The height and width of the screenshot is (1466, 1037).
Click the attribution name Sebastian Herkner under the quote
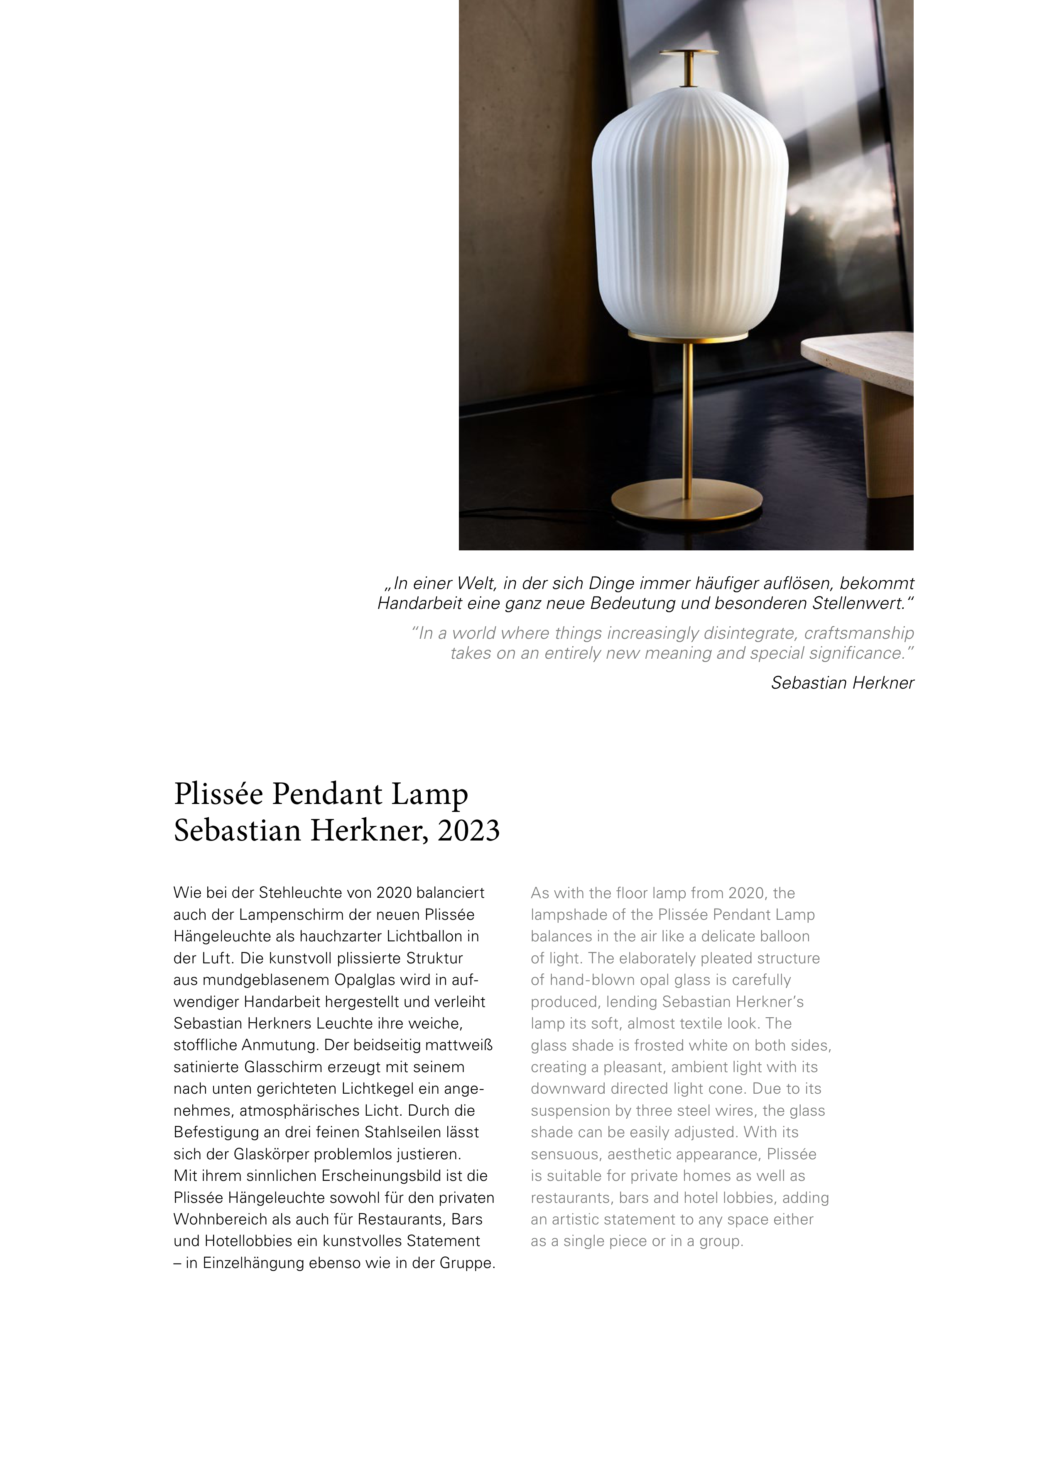click(842, 683)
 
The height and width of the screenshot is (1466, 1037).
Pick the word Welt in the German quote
click(478, 584)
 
